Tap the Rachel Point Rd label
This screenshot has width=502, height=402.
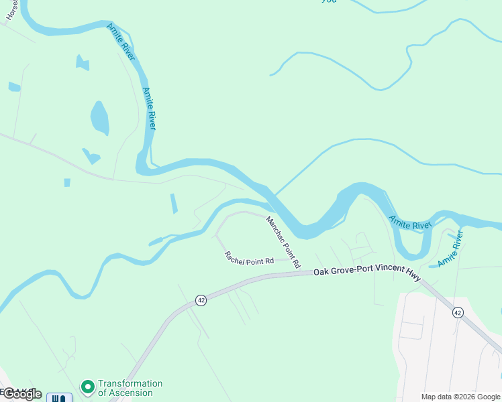250,257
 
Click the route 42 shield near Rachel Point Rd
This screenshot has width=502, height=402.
201,300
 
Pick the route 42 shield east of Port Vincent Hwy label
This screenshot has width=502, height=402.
458,312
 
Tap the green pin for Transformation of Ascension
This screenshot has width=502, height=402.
87,387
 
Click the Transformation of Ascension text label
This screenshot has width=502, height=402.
130,388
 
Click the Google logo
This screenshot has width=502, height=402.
21,394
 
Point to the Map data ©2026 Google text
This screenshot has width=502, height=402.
460,397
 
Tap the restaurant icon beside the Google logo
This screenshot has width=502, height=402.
60,398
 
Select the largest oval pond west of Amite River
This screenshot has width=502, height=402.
99,119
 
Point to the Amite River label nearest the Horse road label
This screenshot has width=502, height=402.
121,42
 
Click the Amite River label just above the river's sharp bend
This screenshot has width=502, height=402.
150,108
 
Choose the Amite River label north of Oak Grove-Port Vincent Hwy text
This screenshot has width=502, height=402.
410,222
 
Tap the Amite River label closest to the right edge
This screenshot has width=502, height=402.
451,249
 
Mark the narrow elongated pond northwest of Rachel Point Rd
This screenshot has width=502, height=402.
174,204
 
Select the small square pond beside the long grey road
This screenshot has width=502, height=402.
67,182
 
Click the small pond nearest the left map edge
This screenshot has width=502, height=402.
14,86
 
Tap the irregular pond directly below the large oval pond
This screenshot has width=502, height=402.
91,157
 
